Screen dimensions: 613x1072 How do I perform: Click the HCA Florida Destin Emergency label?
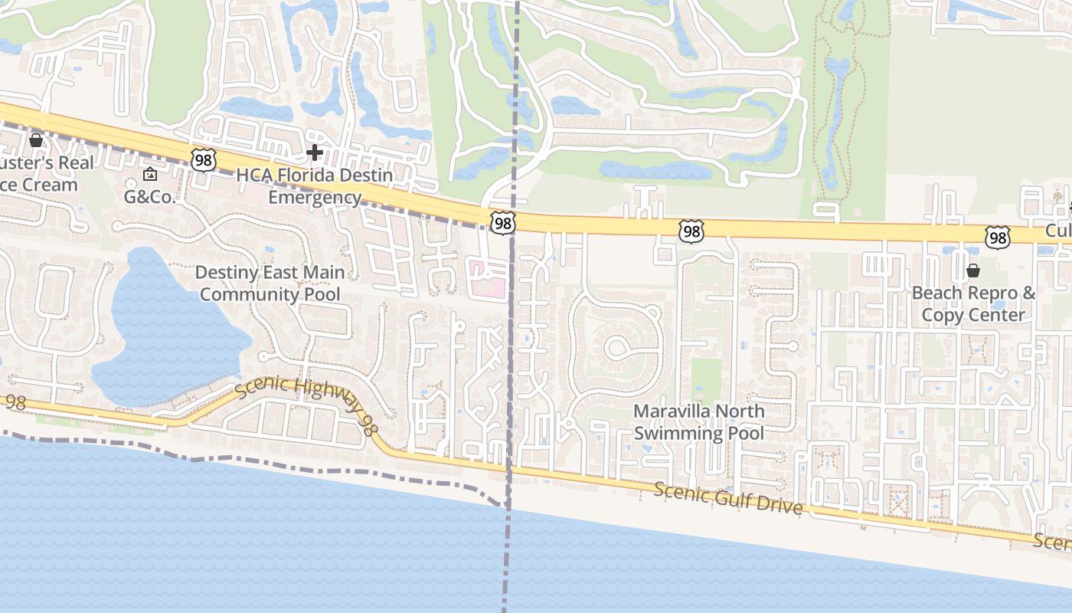pyautogui.click(x=314, y=186)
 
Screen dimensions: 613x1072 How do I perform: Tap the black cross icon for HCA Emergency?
pyautogui.click(x=314, y=153)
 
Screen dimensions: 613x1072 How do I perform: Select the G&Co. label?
pyautogui.click(x=151, y=197)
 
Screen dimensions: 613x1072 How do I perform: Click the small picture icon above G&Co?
pyautogui.click(x=150, y=175)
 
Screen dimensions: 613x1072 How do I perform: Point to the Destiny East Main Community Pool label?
pyautogui.click(x=270, y=283)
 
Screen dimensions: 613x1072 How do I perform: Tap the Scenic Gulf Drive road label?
pyautogui.click(x=727, y=498)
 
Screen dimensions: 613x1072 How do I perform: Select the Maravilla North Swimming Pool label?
pyautogui.click(x=698, y=422)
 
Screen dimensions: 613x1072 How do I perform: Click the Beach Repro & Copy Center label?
pyautogui.click(x=973, y=303)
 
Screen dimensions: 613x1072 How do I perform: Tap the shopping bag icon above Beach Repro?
pyautogui.click(x=973, y=270)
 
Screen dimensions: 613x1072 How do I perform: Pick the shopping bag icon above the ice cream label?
pyautogui.click(x=35, y=140)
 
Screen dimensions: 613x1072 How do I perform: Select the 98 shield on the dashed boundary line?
pyautogui.click(x=503, y=224)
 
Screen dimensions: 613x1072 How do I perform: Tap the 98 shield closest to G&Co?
pyautogui.click(x=204, y=160)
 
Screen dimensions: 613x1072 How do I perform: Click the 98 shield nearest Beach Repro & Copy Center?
pyautogui.click(x=998, y=238)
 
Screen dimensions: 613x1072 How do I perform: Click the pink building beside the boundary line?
pyautogui.click(x=489, y=280)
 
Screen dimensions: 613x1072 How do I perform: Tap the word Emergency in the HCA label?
pyautogui.click(x=314, y=198)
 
